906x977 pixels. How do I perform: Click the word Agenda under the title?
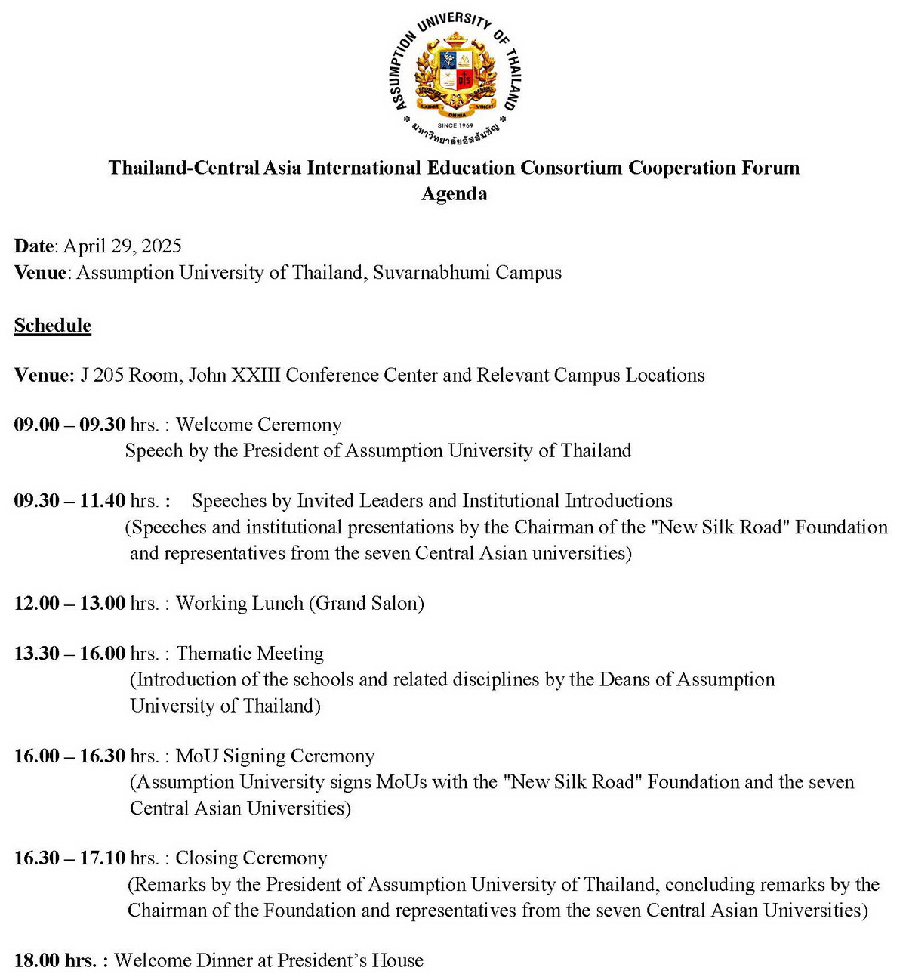point(454,194)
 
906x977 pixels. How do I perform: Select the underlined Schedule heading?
point(53,326)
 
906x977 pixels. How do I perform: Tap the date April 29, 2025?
point(122,246)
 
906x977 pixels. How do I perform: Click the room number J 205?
point(104,376)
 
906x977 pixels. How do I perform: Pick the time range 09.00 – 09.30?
point(69,425)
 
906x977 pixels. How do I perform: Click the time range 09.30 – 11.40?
point(69,501)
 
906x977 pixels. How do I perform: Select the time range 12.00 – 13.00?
point(69,604)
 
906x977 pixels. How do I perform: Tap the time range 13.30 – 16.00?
point(69,654)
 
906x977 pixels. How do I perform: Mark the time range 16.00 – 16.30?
point(69,756)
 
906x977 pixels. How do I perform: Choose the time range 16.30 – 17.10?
point(69,858)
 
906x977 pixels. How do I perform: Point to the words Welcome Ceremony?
point(258,425)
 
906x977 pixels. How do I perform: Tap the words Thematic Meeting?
point(250,654)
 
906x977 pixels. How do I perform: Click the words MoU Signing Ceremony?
point(275,756)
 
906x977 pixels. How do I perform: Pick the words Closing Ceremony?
point(251,858)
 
